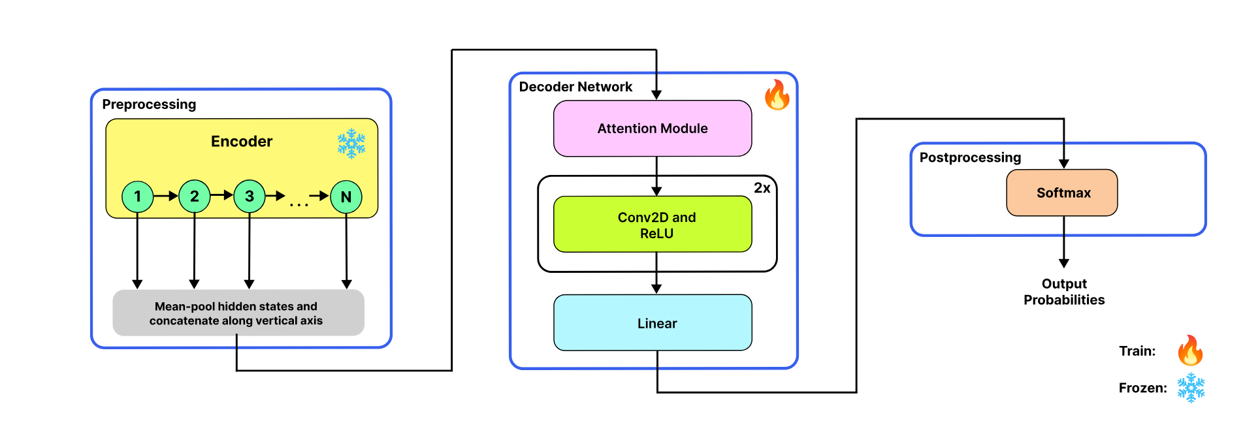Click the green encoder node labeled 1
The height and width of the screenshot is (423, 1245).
click(137, 196)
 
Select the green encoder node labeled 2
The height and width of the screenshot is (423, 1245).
click(194, 196)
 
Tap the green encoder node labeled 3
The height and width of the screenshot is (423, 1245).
click(249, 196)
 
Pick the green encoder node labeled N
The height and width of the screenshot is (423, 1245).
click(346, 197)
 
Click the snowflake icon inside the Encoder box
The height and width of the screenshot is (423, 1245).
click(351, 144)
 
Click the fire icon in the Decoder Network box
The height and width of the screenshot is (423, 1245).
click(777, 95)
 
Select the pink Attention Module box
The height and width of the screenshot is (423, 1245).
click(652, 129)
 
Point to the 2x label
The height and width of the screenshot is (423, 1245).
click(762, 188)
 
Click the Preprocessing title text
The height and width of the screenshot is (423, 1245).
click(149, 104)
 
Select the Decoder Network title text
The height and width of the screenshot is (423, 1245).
click(575, 87)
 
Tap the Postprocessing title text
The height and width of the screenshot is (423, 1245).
click(969, 157)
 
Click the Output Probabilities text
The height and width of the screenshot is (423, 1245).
click(1063, 292)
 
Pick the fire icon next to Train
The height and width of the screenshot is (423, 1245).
click(1190, 351)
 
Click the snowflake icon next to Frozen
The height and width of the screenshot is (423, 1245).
click(1191, 388)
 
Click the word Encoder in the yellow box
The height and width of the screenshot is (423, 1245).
click(241, 142)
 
